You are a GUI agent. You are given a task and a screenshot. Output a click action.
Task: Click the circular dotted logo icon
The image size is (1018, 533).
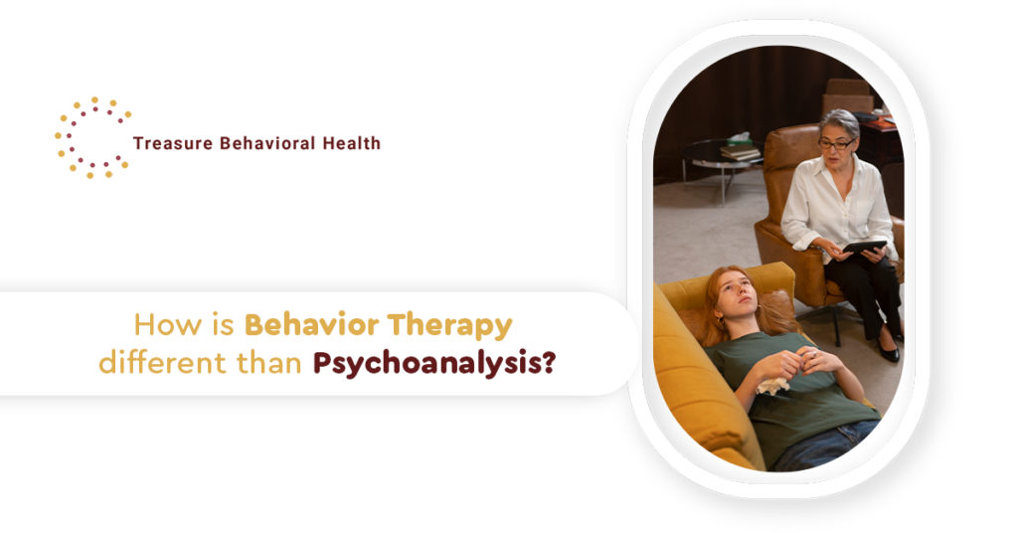click(92, 137)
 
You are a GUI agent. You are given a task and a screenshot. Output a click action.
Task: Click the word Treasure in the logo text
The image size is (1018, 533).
click(168, 143)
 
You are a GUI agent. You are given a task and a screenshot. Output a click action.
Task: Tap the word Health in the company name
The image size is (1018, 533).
click(351, 143)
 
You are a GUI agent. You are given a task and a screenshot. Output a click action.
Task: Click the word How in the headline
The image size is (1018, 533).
click(159, 325)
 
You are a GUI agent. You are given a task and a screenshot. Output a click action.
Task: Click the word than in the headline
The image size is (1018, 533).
click(266, 364)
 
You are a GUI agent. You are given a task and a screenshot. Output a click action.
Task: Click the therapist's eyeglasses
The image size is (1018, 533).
click(835, 144)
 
